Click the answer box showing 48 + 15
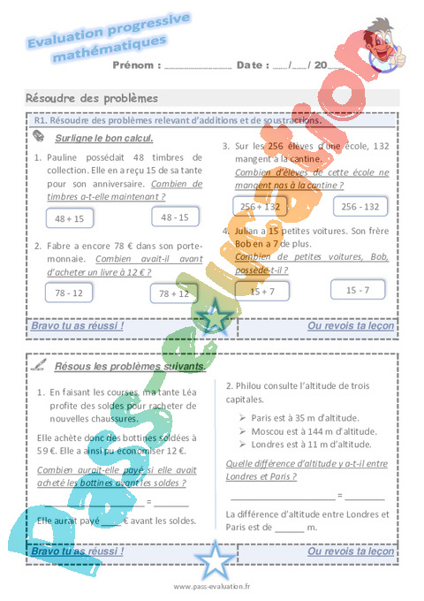[x=69, y=217]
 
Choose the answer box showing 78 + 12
[x=174, y=293]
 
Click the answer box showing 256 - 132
[x=360, y=206]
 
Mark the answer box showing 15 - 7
[x=358, y=289]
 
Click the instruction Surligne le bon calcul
[x=104, y=138]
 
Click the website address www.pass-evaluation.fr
[x=212, y=586]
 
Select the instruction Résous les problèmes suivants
[x=131, y=365]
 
